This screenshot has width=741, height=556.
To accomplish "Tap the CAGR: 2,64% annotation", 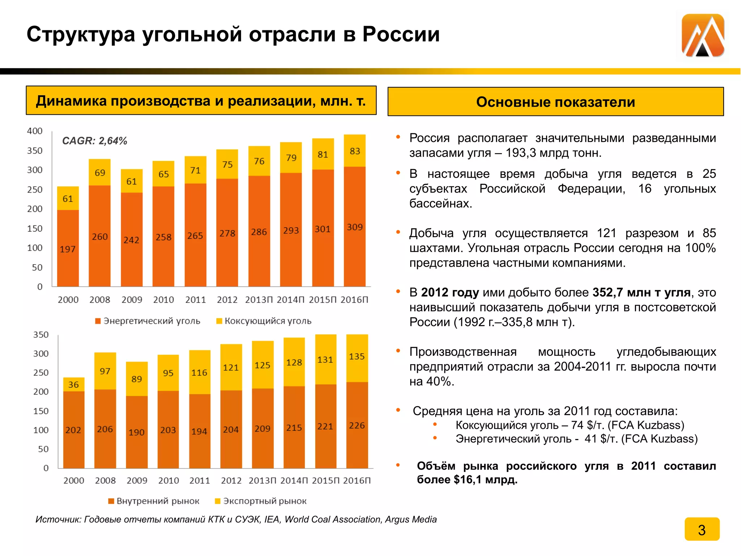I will [x=94, y=141].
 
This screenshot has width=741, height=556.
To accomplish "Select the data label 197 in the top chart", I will [x=68, y=249].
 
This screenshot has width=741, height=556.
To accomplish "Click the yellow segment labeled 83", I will [x=355, y=151].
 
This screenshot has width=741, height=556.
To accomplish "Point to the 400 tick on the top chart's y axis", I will [x=35, y=131].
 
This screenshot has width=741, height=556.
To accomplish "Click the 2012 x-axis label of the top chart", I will [x=227, y=300].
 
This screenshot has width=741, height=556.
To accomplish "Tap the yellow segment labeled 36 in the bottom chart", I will [x=73, y=384].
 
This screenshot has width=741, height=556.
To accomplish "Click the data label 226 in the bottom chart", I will [x=357, y=425].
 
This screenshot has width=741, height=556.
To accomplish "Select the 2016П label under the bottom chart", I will [x=357, y=481].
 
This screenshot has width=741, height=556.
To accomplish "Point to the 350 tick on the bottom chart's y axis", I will [x=41, y=335].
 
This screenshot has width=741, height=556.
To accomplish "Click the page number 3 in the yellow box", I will [x=702, y=530].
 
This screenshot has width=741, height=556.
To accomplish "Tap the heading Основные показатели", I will [x=555, y=102].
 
